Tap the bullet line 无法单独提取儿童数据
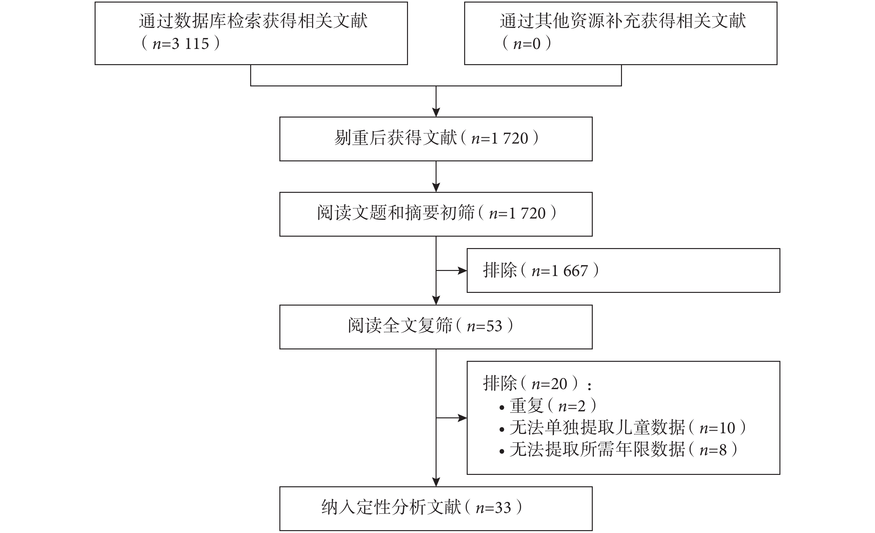(622, 428)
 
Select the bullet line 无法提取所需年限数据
(618, 450)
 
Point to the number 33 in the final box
(503, 508)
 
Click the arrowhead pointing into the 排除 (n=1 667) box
(462, 271)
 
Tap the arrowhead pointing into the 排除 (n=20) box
(462, 418)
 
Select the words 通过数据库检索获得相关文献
(253, 21)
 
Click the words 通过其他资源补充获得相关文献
(623, 21)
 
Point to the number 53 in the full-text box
(494, 327)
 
